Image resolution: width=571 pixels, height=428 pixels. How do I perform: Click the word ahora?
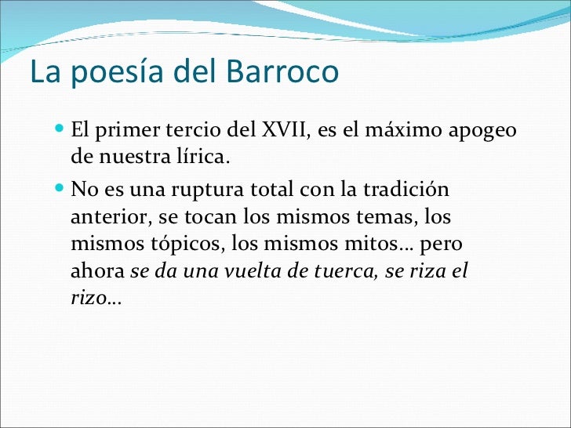(97, 272)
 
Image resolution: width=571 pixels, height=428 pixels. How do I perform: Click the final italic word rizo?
(87, 299)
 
